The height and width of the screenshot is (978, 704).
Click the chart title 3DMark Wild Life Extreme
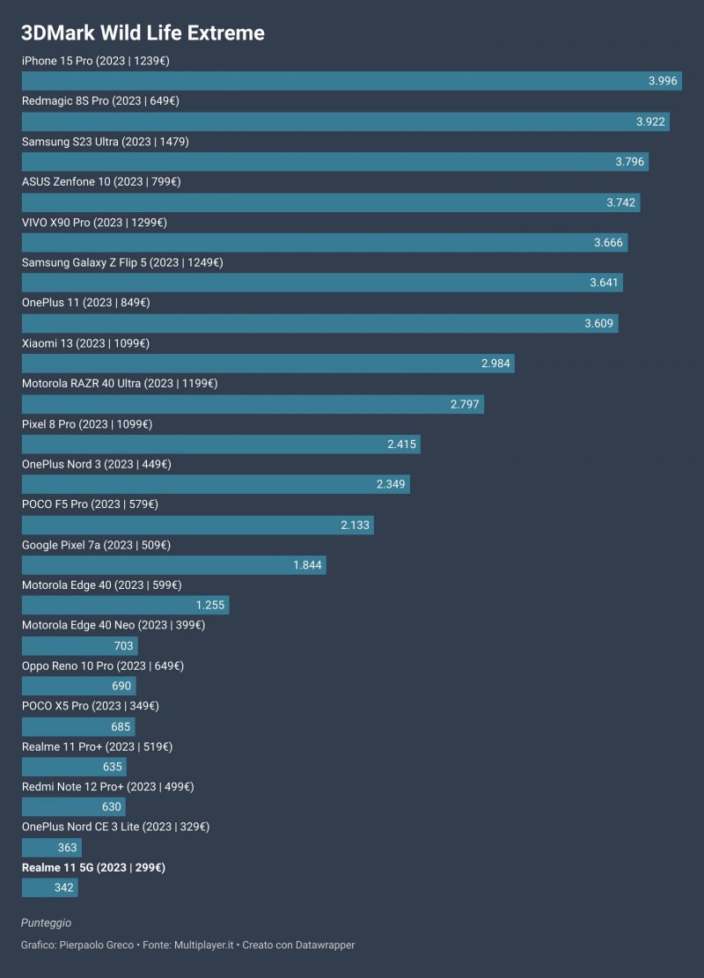tap(143, 33)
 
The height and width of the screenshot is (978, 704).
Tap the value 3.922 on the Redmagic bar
tap(650, 121)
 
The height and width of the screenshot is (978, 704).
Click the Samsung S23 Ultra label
tap(106, 142)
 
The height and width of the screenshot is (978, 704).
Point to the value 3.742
tap(620, 202)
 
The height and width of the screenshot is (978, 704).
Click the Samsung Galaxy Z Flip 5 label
tap(122, 262)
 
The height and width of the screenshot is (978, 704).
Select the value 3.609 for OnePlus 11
tap(599, 324)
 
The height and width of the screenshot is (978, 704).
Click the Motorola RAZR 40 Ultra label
tap(120, 384)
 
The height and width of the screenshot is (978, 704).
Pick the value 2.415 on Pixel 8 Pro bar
tap(401, 445)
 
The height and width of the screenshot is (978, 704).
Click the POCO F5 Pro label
tap(90, 504)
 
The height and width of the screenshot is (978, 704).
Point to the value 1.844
tap(308, 565)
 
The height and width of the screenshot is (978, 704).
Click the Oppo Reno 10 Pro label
tap(103, 666)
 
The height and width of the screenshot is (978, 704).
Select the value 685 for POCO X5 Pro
tap(121, 727)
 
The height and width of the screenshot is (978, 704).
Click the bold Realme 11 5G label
tap(93, 868)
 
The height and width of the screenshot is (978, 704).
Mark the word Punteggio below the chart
tap(46, 923)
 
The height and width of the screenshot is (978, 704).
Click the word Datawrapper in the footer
tap(323, 945)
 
